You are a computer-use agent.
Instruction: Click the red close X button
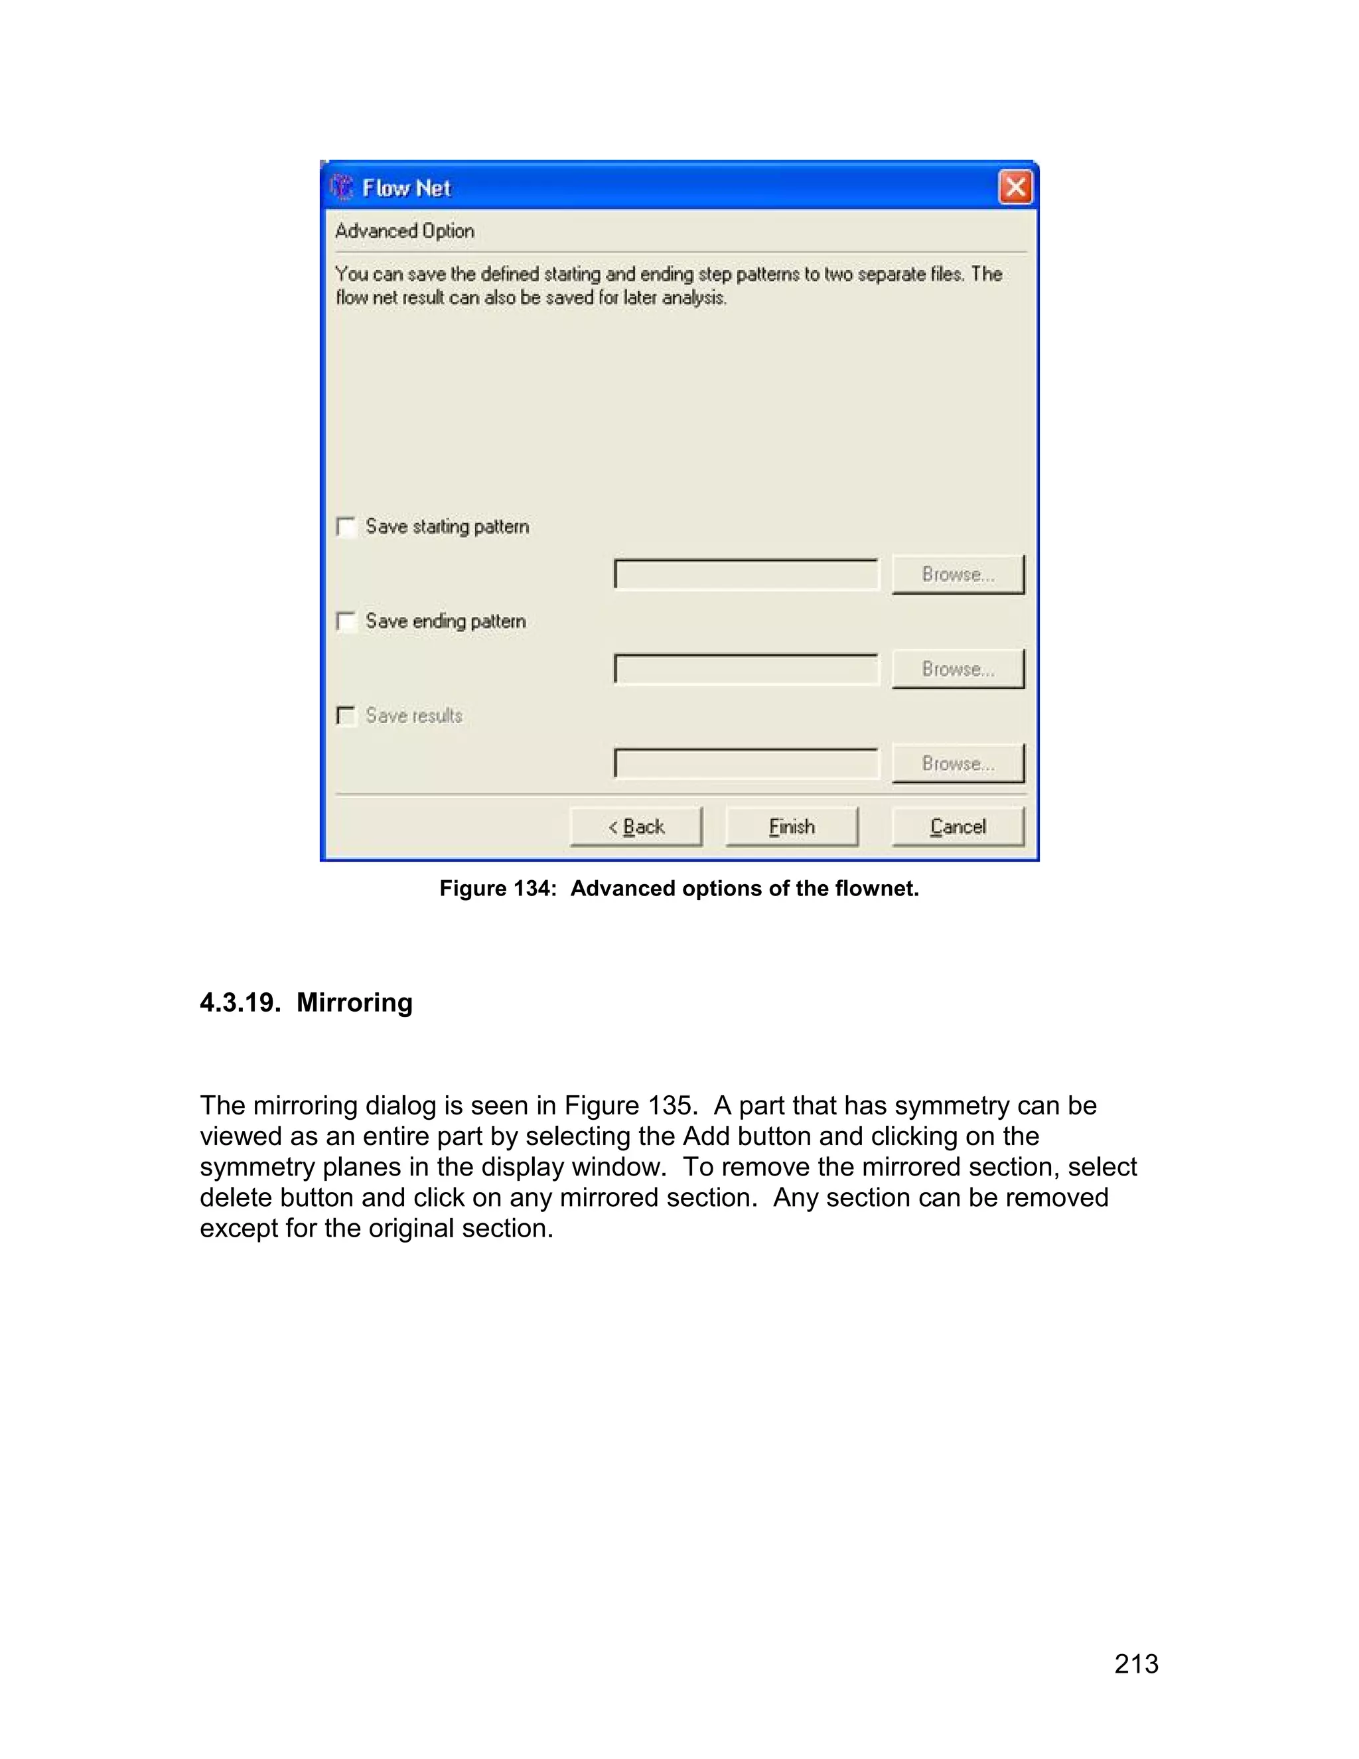[1015, 188]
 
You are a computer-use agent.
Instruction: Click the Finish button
[792, 827]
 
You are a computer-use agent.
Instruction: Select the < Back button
[636, 827]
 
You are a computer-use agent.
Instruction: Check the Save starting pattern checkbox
[346, 528]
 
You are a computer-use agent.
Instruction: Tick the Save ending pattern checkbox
[346, 622]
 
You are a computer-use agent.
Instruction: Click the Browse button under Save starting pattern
[958, 575]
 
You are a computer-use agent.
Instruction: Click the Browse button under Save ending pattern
[958, 669]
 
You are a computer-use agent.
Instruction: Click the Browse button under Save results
[958, 763]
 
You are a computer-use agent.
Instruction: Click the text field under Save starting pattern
[745, 575]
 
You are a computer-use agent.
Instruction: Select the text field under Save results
[745, 763]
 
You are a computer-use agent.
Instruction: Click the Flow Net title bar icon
[342, 188]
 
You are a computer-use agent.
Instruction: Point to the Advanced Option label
[404, 231]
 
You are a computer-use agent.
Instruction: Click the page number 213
[1136, 1664]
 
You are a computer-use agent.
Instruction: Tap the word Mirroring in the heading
[354, 1003]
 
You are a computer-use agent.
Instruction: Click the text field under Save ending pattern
[745, 669]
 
